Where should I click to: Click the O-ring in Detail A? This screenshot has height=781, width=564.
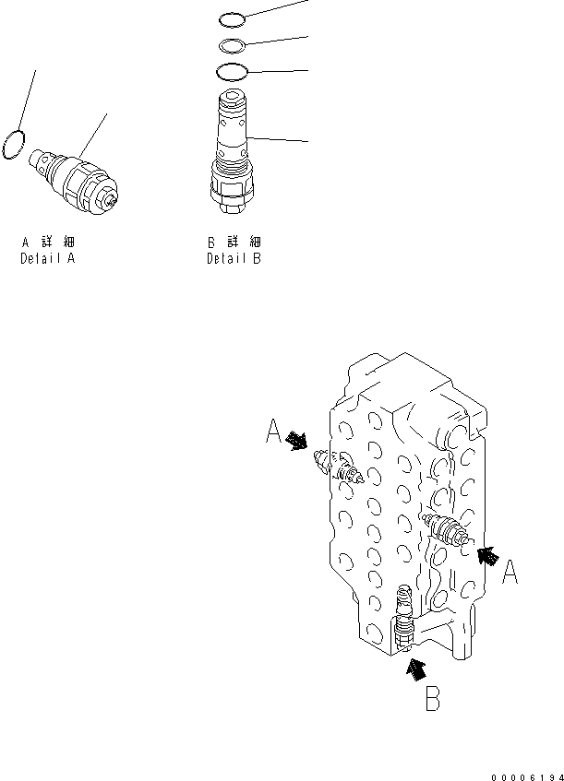point(13,146)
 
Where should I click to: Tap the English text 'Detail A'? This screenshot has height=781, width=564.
point(48,259)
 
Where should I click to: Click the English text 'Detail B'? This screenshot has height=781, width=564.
point(234,259)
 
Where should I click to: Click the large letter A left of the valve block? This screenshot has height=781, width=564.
point(273,431)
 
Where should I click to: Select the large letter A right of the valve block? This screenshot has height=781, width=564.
point(510,574)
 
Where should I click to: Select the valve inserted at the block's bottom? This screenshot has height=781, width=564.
point(402,622)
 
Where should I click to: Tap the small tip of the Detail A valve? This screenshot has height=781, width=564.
point(112,199)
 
